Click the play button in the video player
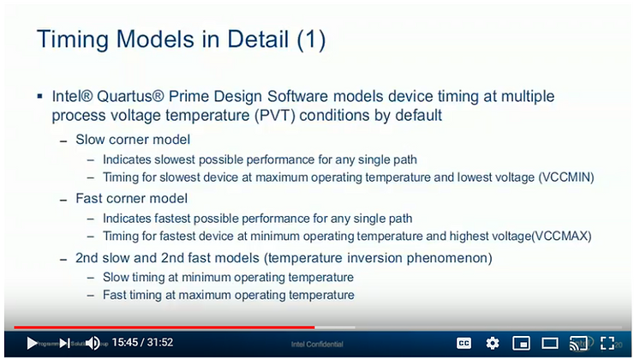(x=32, y=343)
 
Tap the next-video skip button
(x=64, y=343)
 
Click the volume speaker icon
(x=93, y=343)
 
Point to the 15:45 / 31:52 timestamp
(x=142, y=343)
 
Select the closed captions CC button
(x=464, y=343)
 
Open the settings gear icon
(x=493, y=343)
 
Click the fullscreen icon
(x=607, y=343)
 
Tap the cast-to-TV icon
(x=579, y=343)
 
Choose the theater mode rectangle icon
(x=550, y=343)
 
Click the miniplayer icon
(x=521, y=343)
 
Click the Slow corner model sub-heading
(x=133, y=139)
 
